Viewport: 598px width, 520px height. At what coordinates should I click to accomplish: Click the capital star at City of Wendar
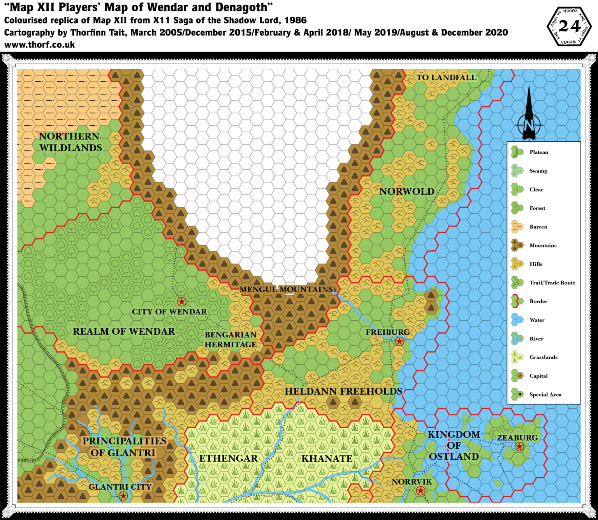click(x=181, y=302)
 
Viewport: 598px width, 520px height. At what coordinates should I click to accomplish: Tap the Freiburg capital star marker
click(x=399, y=342)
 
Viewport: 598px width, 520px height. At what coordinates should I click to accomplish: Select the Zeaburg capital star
click(x=519, y=447)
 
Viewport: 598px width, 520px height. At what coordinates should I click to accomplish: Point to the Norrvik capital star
click(x=420, y=490)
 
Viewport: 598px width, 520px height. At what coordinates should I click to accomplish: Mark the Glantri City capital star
click(x=123, y=496)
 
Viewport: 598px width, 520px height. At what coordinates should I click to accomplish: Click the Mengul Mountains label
click(x=286, y=290)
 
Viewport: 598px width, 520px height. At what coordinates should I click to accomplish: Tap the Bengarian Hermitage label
click(x=230, y=339)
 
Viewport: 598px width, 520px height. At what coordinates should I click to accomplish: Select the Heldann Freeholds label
click(x=343, y=392)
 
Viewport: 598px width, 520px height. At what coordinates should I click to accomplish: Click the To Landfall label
click(x=446, y=77)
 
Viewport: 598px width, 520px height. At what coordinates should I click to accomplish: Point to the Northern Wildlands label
click(x=70, y=142)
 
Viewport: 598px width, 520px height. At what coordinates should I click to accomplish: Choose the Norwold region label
click(x=407, y=191)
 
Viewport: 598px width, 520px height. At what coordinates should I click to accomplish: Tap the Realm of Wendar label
click(x=124, y=331)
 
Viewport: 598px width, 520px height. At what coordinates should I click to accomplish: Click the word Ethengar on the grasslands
click(x=229, y=459)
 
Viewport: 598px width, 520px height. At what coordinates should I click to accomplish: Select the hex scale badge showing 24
click(x=569, y=26)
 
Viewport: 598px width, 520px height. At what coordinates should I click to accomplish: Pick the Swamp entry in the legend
click(x=538, y=171)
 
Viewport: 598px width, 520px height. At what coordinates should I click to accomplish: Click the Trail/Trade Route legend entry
click(x=552, y=283)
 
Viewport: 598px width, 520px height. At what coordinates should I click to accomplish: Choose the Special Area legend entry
click(x=545, y=395)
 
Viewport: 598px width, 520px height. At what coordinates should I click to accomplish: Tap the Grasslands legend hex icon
click(x=517, y=357)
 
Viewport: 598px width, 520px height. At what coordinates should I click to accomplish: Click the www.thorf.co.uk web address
click(x=40, y=44)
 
